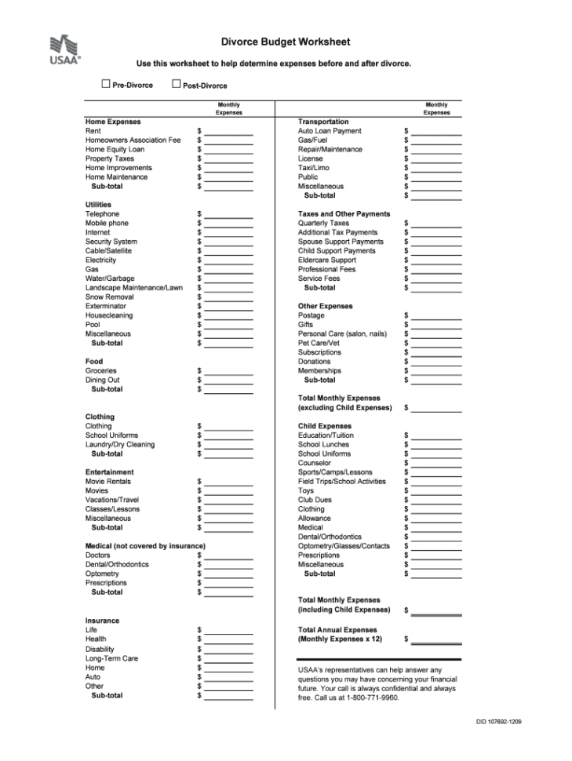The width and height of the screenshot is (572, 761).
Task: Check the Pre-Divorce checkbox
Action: click(106, 84)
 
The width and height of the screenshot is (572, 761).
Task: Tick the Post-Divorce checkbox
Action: click(176, 84)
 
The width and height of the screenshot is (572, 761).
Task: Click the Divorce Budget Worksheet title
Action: click(286, 42)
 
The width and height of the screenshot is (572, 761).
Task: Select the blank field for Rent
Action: click(228, 132)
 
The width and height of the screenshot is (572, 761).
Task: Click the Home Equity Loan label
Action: click(115, 149)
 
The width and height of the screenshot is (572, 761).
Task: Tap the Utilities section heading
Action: click(98, 205)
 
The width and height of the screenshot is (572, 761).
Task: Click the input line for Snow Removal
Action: click(228, 298)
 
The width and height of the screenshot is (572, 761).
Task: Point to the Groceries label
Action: click(101, 371)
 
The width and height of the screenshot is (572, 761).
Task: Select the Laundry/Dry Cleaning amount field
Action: click(228, 446)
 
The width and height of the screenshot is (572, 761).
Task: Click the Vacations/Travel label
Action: click(112, 500)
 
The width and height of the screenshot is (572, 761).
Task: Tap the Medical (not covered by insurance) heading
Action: click(145, 546)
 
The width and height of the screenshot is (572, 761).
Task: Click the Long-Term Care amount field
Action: click(228, 659)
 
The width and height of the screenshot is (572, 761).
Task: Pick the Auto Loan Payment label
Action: click(330, 131)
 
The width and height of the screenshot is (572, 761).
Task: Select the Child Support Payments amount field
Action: click(437, 252)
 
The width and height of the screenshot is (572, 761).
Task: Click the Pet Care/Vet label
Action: click(319, 344)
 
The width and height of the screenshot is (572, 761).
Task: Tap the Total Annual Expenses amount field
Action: click(437, 640)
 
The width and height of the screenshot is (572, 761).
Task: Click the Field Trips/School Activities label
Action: click(342, 482)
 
